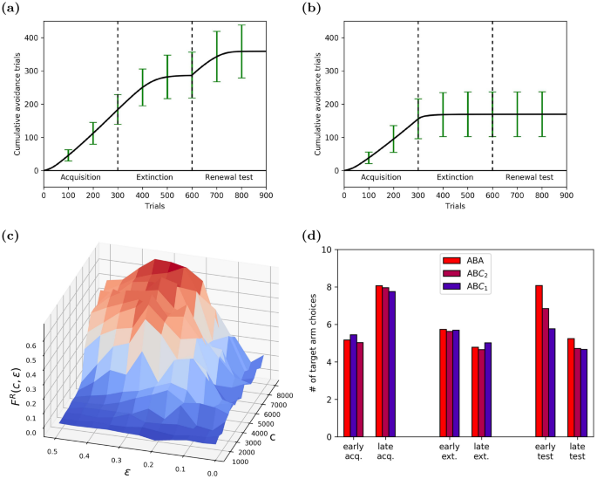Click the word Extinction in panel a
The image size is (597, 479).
[154, 177]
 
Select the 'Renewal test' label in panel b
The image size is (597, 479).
[529, 177]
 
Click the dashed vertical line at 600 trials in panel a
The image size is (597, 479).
[192, 87]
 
